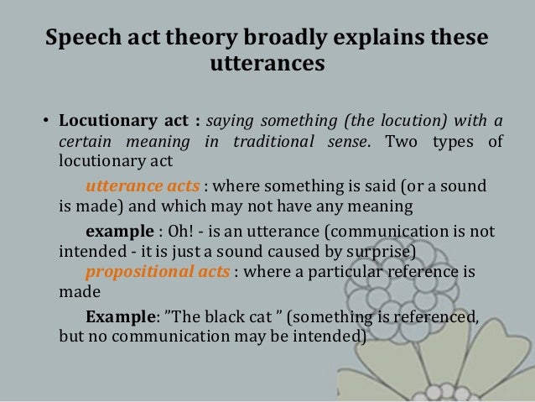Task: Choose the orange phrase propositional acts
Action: [x=149, y=272]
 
